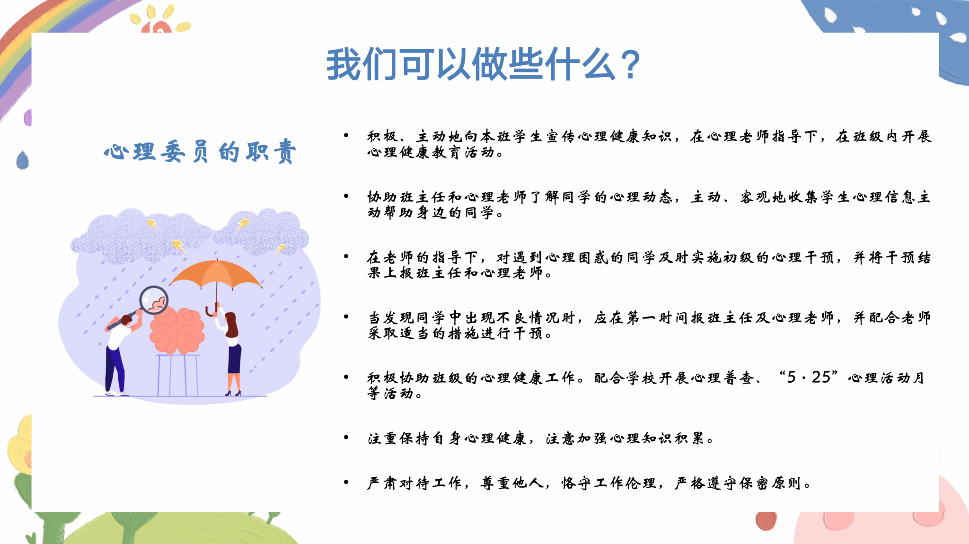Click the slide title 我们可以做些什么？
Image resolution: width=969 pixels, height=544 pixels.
pyautogui.click(x=483, y=64)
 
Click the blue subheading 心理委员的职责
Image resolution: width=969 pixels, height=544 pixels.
pyautogui.click(x=200, y=151)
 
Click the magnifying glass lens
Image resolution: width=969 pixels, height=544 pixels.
pyautogui.click(x=154, y=300)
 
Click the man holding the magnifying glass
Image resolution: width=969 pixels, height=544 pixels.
pyautogui.click(x=119, y=352)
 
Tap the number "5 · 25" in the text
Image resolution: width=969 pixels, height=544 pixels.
pyautogui.click(x=809, y=377)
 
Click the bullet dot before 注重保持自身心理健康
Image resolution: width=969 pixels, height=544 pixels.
pyautogui.click(x=346, y=438)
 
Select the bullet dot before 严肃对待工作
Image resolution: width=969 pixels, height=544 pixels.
pyautogui.click(x=346, y=483)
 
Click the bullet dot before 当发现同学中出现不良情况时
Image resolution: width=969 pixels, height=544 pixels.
pyautogui.click(x=346, y=316)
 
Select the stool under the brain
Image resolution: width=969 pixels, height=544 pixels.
pyautogui.click(x=178, y=375)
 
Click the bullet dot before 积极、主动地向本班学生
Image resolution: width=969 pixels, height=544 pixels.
pyautogui.click(x=346, y=135)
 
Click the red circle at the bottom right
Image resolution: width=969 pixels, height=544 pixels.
pyautogui.click(x=766, y=520)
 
